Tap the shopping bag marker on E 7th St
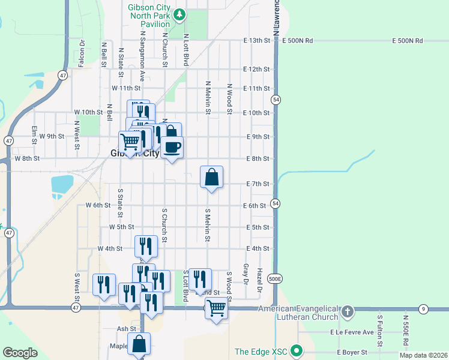click(x=211, y=177)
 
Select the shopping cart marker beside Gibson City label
click(x=130, y=142)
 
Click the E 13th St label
click(x=257, y=40)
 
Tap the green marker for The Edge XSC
click(x=295, y=351)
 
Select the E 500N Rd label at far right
click(x=408, y=41)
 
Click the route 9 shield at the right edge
click(x=424, y=309)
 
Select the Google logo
click(x=20, y=353)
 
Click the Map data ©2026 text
click(x=423, y=355)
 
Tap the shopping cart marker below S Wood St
click(x=216, y=308)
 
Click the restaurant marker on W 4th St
click(x=146, y=246)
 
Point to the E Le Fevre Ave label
click(x=352, y=332)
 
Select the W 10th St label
click(x=89, y=112)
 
